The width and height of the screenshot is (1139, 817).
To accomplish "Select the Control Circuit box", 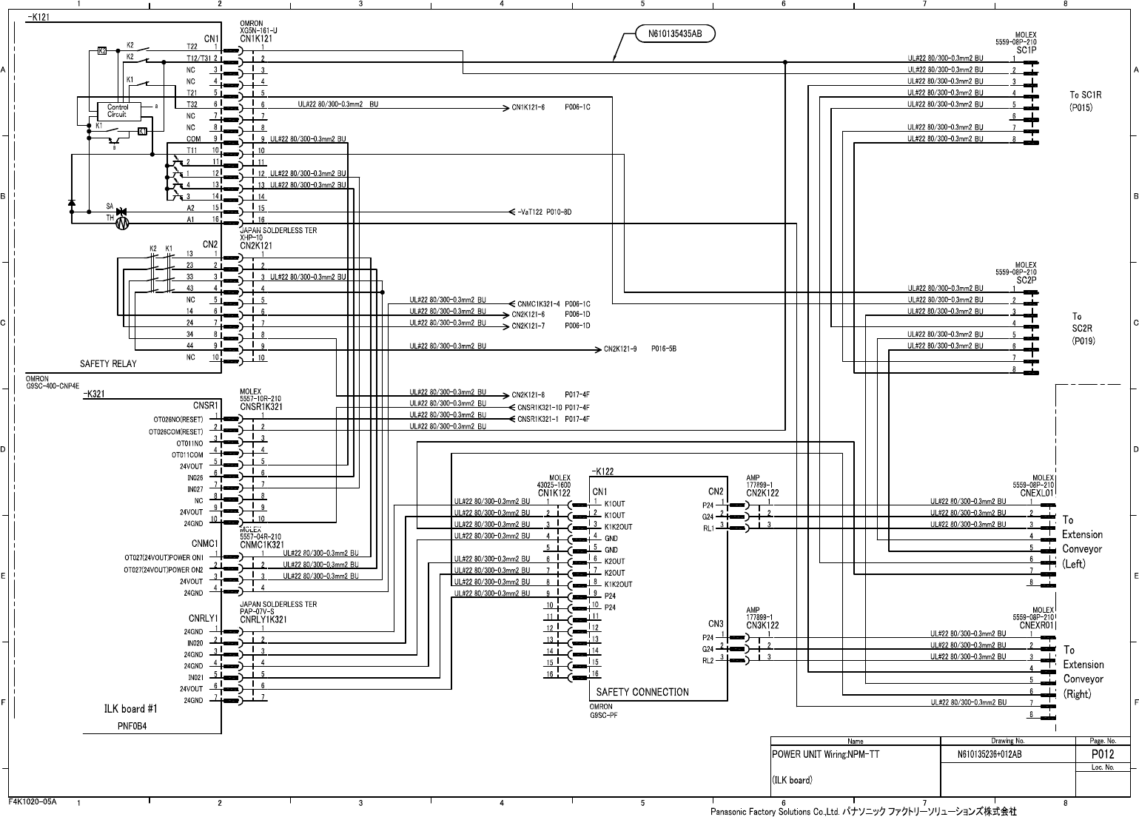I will tap(117, 111).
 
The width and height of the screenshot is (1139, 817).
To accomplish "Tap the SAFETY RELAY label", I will tap(108, 364).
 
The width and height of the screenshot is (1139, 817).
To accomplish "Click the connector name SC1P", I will tap(1026, 50).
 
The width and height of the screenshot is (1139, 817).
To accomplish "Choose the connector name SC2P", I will tap(1026, 280).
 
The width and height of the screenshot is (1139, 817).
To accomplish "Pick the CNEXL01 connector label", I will tap(1036, 492).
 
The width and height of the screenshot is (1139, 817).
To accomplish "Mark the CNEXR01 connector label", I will tap(1036, 625).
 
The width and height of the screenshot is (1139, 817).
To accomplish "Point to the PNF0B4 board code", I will tap(132, 727).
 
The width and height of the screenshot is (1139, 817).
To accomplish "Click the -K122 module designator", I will tap(602, 471).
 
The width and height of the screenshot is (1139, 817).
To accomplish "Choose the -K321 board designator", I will tap(96, 394).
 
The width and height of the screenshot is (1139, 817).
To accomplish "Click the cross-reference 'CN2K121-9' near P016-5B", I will tap(620, 349).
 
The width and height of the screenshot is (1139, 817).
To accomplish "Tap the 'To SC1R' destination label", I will tap(1085, 95).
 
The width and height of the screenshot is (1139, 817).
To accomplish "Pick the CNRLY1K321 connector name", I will tap(263, 620).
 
